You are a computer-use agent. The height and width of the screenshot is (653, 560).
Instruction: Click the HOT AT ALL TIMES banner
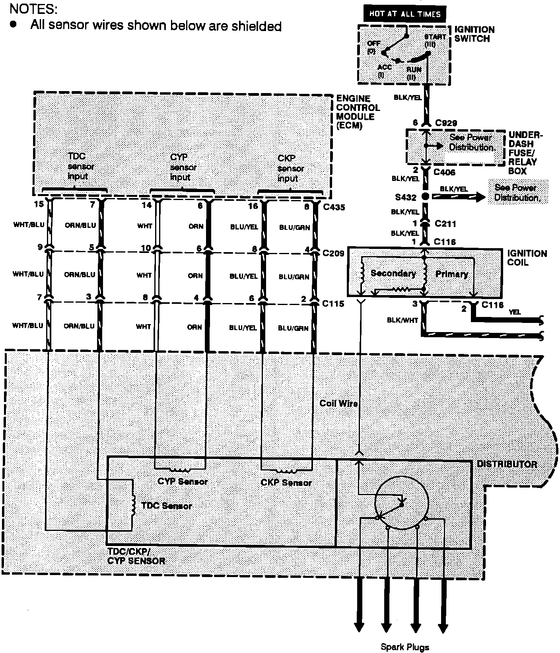(x=405, y=14)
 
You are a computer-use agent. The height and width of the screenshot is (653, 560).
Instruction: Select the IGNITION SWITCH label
(x=474, y=34)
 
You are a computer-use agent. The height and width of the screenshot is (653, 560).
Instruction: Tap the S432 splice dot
(x=425, y=196)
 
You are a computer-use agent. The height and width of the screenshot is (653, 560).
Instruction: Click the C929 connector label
(x=446, y=123)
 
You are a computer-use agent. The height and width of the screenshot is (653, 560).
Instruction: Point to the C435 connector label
(x=334, y=207)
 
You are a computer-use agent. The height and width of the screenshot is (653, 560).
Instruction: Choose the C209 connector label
(x=333, y=253)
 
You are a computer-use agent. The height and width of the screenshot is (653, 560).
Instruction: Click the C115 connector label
(x=333, y=304)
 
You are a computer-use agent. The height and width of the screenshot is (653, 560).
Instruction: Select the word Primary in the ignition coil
(x=451, y=274)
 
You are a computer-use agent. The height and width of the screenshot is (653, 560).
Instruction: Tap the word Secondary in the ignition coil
(x=393, y=274)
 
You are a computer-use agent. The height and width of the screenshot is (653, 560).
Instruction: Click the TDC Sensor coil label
(x=166, y=506)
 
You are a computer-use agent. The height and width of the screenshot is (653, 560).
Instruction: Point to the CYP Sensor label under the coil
(x=183, y=482)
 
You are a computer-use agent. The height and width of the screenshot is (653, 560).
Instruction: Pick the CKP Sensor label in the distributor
(x=286, y=483)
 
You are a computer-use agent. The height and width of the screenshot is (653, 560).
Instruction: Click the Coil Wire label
(x=338, y=403)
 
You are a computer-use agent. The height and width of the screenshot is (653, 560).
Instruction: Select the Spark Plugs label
(x=405, y=647)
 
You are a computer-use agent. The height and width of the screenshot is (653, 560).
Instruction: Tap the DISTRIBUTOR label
(x=507, y=464)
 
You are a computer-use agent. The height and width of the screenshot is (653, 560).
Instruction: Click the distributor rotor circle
(x=402, y=503)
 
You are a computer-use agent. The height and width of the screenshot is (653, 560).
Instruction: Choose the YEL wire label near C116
(x=515, y=312)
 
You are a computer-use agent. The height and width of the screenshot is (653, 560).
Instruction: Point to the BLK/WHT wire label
(x=402, y=320)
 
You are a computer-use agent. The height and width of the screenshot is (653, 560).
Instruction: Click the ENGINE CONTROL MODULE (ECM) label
(x=358, y=112)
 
